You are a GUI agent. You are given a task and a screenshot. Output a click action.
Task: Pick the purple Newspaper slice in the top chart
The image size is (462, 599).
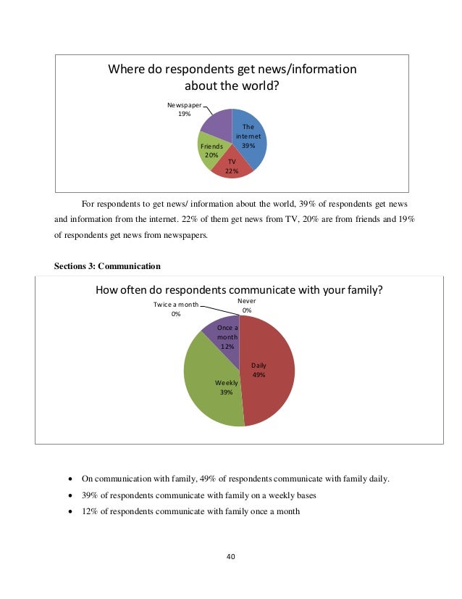click(216, 123)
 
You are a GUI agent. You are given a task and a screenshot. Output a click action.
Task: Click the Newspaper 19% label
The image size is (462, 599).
click(185, 110)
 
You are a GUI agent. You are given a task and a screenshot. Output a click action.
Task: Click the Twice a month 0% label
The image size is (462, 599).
click(175, 310)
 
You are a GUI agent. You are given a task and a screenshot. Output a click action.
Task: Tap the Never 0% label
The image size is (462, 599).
click(247, 305)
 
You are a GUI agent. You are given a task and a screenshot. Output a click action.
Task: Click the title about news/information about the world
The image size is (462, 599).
click(232, 78)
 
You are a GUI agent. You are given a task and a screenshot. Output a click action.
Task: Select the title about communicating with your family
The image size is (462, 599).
click(239, 290)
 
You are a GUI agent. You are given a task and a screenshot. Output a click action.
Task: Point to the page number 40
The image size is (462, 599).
click(231, 557)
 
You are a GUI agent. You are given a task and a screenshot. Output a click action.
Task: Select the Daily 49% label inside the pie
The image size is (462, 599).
click(259, 371)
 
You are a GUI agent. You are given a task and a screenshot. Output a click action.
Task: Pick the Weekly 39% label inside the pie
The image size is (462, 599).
click(226, 387)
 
